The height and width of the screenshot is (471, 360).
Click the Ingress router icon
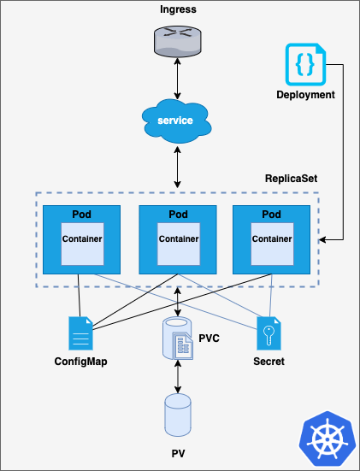pos(178,41)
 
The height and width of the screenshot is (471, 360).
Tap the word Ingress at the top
pos(178,9)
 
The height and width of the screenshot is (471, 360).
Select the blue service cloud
pos(177,121)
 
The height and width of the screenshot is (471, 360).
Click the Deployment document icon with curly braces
pos(305,64)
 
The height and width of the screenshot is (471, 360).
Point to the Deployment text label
pos(305,95)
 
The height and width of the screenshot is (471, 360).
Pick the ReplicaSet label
pos(291,179)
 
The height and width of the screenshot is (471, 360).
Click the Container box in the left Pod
pos(82,244)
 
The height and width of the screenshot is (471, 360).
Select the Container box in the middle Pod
pos(179,244)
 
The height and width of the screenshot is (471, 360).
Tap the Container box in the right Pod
pos(272,244)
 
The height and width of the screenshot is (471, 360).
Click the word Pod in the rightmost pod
pos(271,215)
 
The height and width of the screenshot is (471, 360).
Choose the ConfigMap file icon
pos(81,333)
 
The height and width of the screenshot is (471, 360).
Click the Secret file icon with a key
pos(269,333)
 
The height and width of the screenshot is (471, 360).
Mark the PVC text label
pos(210,339)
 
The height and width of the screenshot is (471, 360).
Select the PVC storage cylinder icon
pos(178,339)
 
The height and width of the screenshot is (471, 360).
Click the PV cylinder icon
pos(178,415)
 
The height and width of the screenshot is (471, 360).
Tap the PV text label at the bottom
pos(178,453)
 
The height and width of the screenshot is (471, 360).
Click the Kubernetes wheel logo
pos(328,439)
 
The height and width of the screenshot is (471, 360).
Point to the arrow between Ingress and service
pos(178,79)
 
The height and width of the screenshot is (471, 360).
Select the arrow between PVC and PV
pos(178,377)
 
